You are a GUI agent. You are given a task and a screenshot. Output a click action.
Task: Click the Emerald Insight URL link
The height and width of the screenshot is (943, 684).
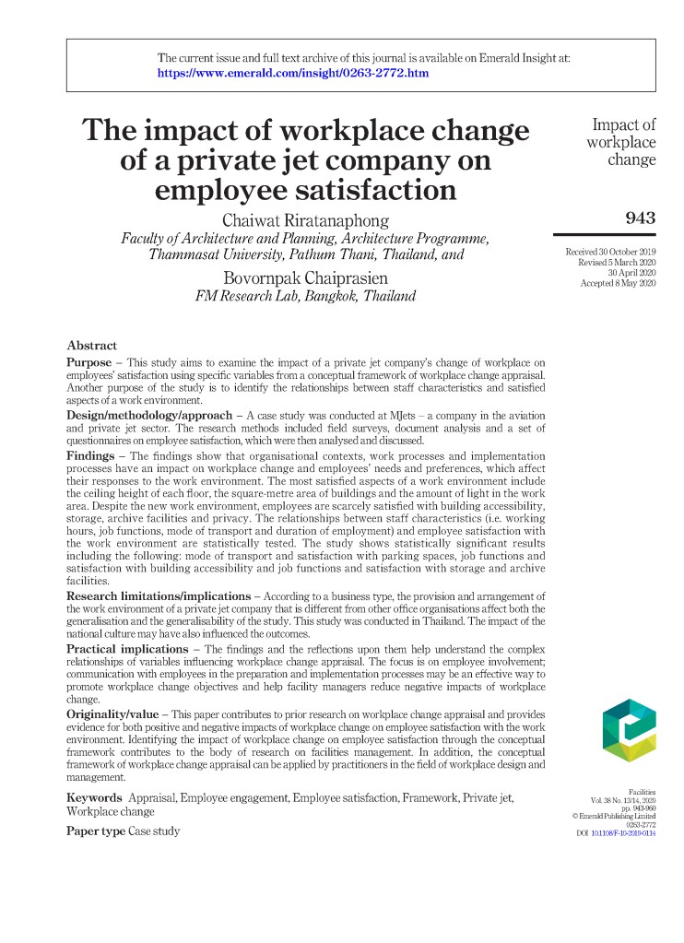[293, 73]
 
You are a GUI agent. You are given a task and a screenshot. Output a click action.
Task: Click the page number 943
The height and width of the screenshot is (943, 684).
[640, 218]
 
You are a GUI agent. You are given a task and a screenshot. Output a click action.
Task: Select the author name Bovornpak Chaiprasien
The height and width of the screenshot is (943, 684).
[305, 277]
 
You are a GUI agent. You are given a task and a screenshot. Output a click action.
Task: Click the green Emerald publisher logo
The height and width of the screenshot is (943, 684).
[629, 730]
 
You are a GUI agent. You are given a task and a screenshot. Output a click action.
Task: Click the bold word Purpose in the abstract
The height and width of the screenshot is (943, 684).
[89, 362]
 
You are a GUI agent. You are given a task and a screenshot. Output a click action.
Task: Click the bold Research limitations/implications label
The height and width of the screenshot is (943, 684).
[159, 596]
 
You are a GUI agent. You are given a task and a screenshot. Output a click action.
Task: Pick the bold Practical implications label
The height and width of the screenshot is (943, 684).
[129, 649]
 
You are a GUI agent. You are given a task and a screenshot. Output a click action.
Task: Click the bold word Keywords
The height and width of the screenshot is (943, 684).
[94, 797]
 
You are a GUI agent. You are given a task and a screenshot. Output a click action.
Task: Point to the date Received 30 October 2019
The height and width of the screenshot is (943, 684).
[610, 252]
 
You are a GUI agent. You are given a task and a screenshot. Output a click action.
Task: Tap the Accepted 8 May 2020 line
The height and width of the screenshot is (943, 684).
[618, 283]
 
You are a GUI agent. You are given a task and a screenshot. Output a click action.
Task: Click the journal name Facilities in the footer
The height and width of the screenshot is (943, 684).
[642, 791]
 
